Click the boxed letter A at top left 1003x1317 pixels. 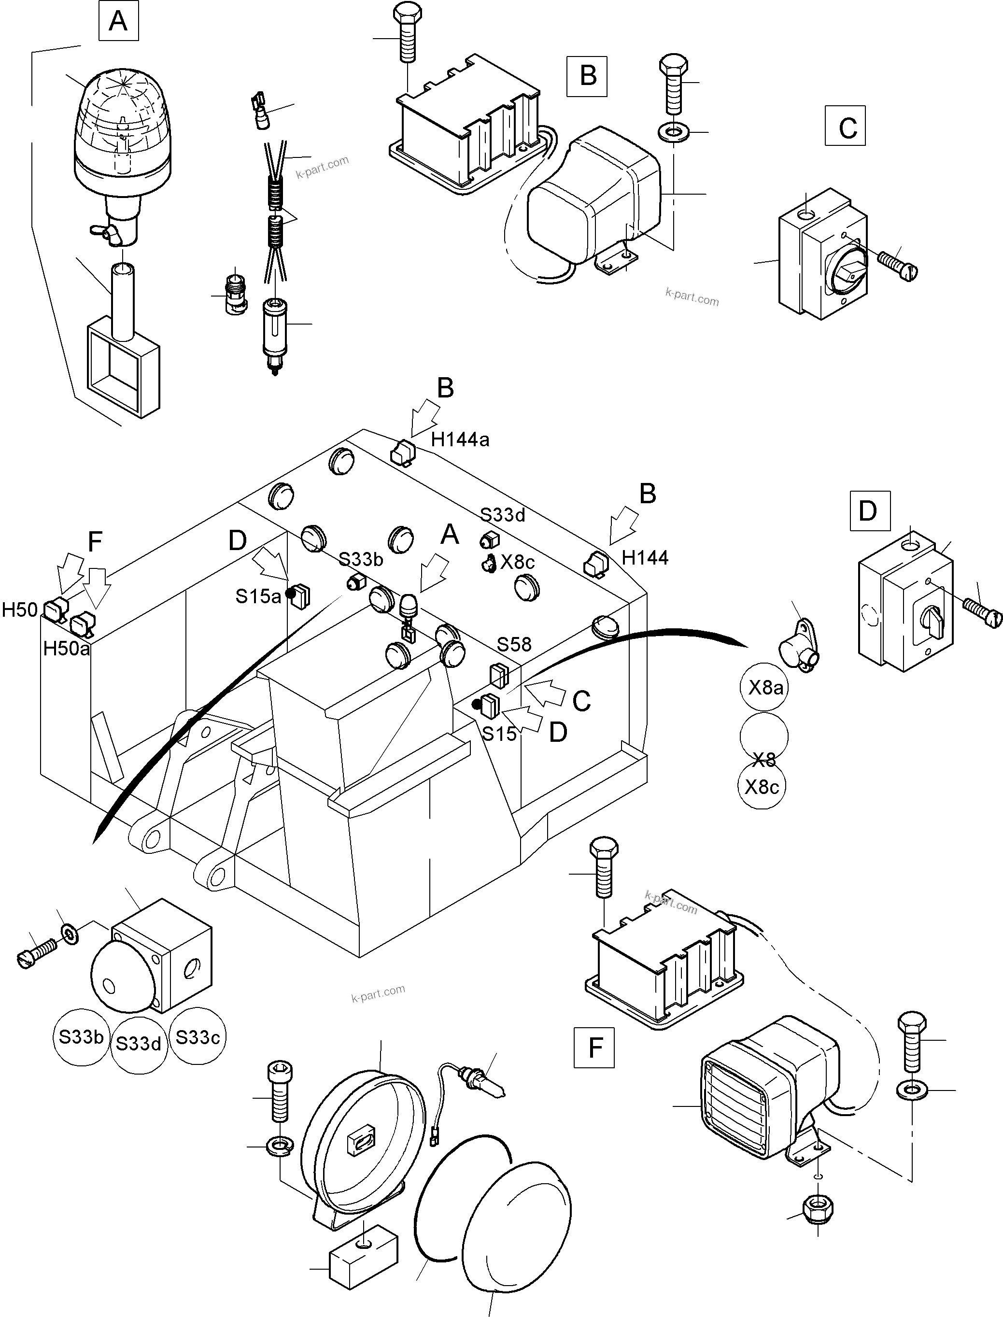coord(118,22)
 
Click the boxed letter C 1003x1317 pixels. coord(846,127)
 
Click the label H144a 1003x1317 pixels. coord(460,440)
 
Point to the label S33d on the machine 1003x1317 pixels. coord(503,515)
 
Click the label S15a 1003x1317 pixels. coord(258,596)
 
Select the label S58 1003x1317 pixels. coord(514,644)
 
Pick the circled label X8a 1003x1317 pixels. coord(765,688)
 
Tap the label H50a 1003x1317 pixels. coord(66,648)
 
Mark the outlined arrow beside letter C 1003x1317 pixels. coord(547,694)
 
